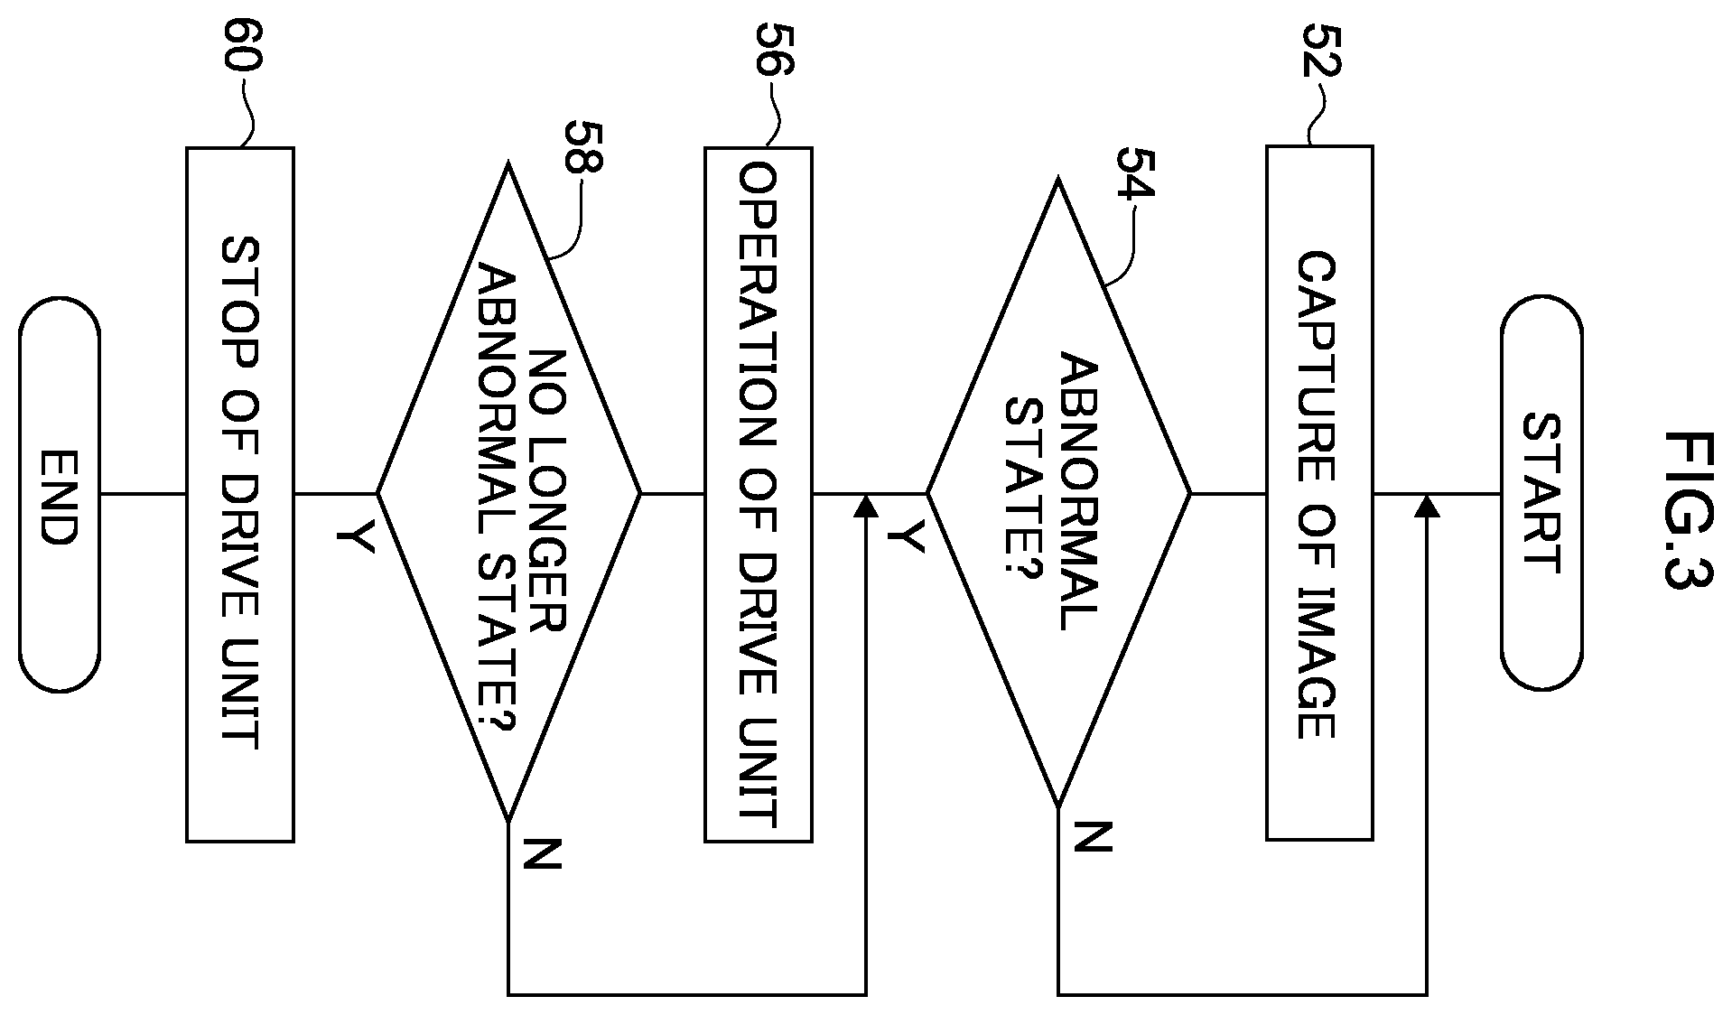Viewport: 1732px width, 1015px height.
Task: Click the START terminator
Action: (1541, 494)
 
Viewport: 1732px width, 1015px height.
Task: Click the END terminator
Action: (60, 494)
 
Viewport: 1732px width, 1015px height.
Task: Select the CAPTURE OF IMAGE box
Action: (1319, 493)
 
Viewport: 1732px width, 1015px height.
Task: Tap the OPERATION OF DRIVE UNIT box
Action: (758, 495)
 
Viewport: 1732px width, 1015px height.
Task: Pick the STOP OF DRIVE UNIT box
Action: (240, 495)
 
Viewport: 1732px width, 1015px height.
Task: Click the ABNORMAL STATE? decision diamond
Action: (1058, 494)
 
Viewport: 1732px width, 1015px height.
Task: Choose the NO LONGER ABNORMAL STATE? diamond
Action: (508, 494)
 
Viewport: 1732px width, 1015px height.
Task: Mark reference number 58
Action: (582, 146)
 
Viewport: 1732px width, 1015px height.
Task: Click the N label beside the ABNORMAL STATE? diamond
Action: (1092, 837)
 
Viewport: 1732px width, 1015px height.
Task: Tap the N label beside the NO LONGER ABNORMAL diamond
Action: (542, 854)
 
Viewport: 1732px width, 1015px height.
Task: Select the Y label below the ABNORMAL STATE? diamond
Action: (907, 538)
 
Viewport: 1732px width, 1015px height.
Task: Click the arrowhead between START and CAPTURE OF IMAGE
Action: (1427, 506)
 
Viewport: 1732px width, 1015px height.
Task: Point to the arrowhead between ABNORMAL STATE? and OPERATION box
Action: (866, 506)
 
